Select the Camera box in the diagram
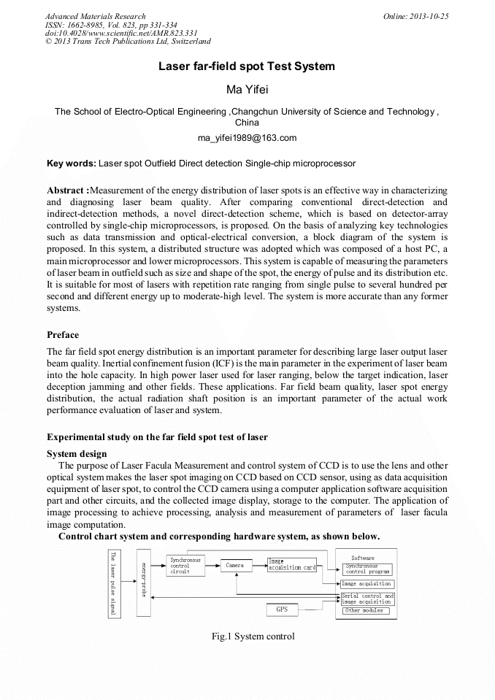point(234,566)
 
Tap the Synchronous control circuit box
point(183,566)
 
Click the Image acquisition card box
point(291,564)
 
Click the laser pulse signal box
point(113,583)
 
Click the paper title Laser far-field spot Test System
point(247,66)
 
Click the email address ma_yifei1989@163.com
point(247,138)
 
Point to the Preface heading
point(63,335)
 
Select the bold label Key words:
point(71,164)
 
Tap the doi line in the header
point(121,33)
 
